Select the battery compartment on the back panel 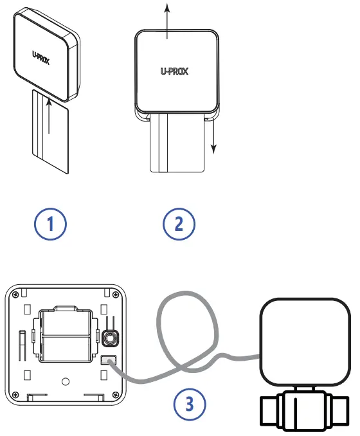pyautogui.click(x=66, y=335)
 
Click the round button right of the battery pyautogui.click(x=109, y=337)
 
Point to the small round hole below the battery pyautogui.click(x=65, y=381)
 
